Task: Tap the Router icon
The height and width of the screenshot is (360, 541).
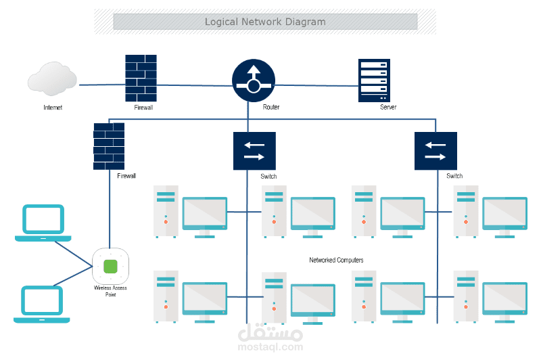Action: [x=254, y=79]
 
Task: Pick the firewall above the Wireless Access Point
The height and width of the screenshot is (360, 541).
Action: [x=109, y=145]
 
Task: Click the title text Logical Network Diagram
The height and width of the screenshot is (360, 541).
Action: [x=265, y=22]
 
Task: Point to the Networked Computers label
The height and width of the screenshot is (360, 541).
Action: [x=336, y=260]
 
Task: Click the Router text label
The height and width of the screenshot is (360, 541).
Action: [x=271, y=108]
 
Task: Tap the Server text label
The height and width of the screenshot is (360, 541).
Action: [x=388, y=108]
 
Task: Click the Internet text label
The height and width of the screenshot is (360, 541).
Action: [x=53, y=108]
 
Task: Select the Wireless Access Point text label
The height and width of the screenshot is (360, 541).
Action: [x=110, y=290]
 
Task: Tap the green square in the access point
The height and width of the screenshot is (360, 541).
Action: [x=110, y=265]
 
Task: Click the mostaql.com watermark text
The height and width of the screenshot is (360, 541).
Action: [x=271, y=347]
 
